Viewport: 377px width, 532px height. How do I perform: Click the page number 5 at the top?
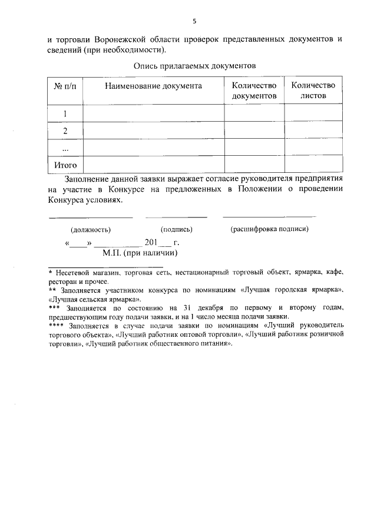point(194,22)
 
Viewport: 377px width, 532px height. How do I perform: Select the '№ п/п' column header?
point(65,86)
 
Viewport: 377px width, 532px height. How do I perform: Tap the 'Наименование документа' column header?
point(153,86)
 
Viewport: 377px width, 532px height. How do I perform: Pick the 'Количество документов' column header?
point(254,91)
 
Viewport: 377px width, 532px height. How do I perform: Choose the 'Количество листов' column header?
point(313,91)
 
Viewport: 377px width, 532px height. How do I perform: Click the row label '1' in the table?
point(65,113)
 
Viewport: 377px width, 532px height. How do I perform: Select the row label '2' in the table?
point(65,131)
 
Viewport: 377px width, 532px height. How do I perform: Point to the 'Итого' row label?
point(65,165)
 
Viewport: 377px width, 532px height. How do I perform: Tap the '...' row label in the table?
point(65,148)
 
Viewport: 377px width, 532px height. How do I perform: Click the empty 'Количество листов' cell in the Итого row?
point(313,165)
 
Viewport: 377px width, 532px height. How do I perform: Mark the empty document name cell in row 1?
point(153,113)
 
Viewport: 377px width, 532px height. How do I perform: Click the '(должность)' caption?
point(91,230)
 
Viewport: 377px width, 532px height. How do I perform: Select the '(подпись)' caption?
point(177,230)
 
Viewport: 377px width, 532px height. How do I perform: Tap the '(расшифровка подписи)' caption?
point(269,229)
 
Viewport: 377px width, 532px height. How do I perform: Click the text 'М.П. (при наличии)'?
point(140,253)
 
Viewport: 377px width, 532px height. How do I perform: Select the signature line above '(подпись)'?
point(176,218)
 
